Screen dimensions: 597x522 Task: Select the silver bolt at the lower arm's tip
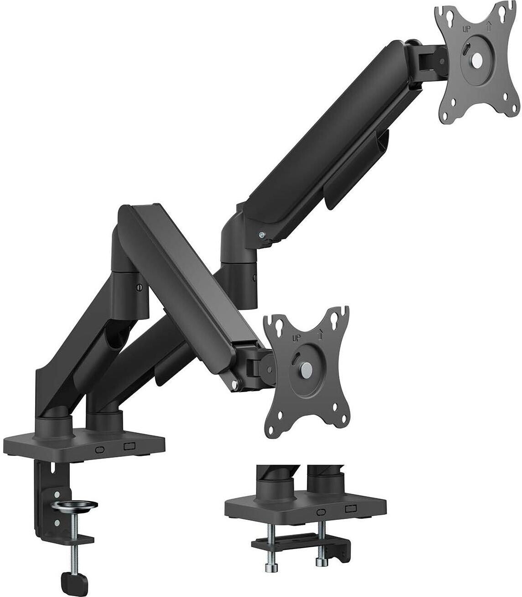point(235,385)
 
